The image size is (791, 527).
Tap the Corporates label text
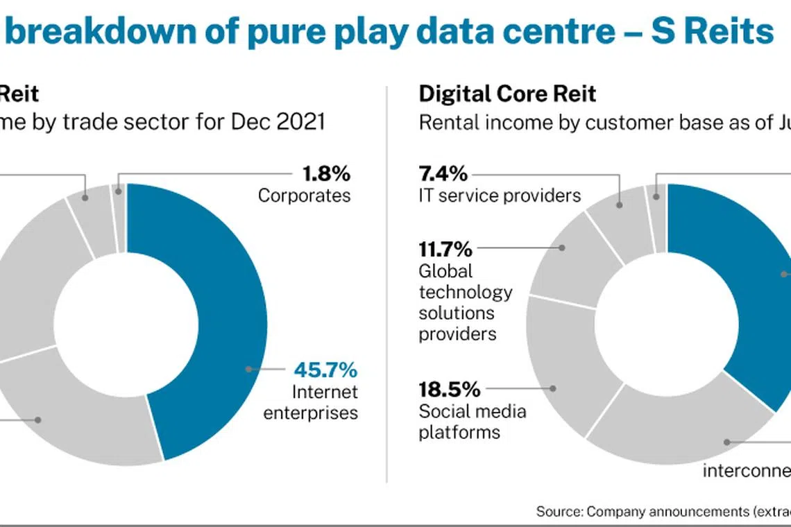(304, 196)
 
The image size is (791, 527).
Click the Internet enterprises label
(325, 402)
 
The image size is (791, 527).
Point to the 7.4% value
(443, 173)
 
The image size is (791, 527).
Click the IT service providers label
(500, 196)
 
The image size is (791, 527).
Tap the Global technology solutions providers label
(465, 302)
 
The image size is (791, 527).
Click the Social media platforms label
(472, 422)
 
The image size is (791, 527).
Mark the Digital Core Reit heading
(507, 94)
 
